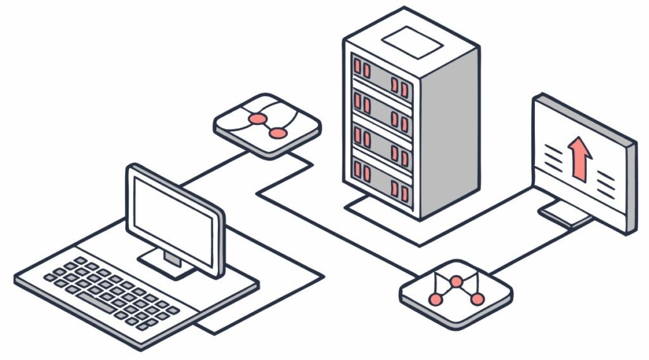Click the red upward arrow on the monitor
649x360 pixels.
[579, 158]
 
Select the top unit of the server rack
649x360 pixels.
[380, 75]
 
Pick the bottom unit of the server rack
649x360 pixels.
[380, 179]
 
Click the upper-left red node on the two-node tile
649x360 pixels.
[257, 119]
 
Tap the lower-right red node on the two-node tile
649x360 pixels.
[278, 133]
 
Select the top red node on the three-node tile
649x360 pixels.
[456, 281]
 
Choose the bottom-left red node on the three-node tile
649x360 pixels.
[435, 299]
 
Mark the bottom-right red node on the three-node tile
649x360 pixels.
[477, 299]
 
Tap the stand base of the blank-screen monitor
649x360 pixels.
[166, 262]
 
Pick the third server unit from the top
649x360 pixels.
[380, 145]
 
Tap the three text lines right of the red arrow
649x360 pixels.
[605, 179]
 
